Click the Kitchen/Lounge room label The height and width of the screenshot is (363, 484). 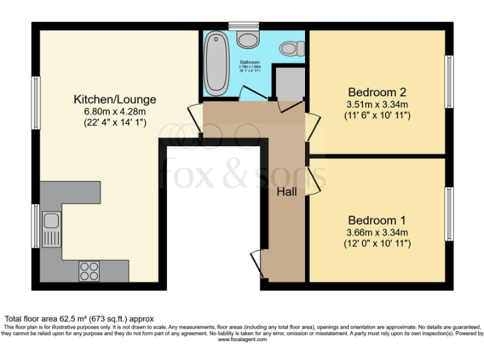(x=115, y=100)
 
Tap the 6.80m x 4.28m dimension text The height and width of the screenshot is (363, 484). (x=115, y=112)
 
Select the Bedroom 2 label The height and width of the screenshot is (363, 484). (x=377, y=93)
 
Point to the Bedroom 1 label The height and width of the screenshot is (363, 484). (x=377, y=221)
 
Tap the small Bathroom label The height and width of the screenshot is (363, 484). (x=250, y=63)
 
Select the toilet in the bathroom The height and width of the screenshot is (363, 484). (x=291, y=48)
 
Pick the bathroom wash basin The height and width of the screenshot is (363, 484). (x=247, y=39)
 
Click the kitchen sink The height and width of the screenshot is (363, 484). (x=51, y=229)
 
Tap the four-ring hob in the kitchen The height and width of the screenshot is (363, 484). (x=89, y=270)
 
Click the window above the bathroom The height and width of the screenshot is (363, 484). (x=245, y=26)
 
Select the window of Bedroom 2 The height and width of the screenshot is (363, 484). (x=449, y=81)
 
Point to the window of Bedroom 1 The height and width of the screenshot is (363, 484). (x=449, y=214)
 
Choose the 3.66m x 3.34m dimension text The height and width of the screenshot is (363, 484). (x=377, y=233)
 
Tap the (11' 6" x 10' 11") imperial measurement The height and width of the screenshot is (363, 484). (x=377, y=116)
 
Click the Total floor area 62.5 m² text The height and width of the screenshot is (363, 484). (x=79, y=319)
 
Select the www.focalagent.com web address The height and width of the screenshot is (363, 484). (x=243, y=339)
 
